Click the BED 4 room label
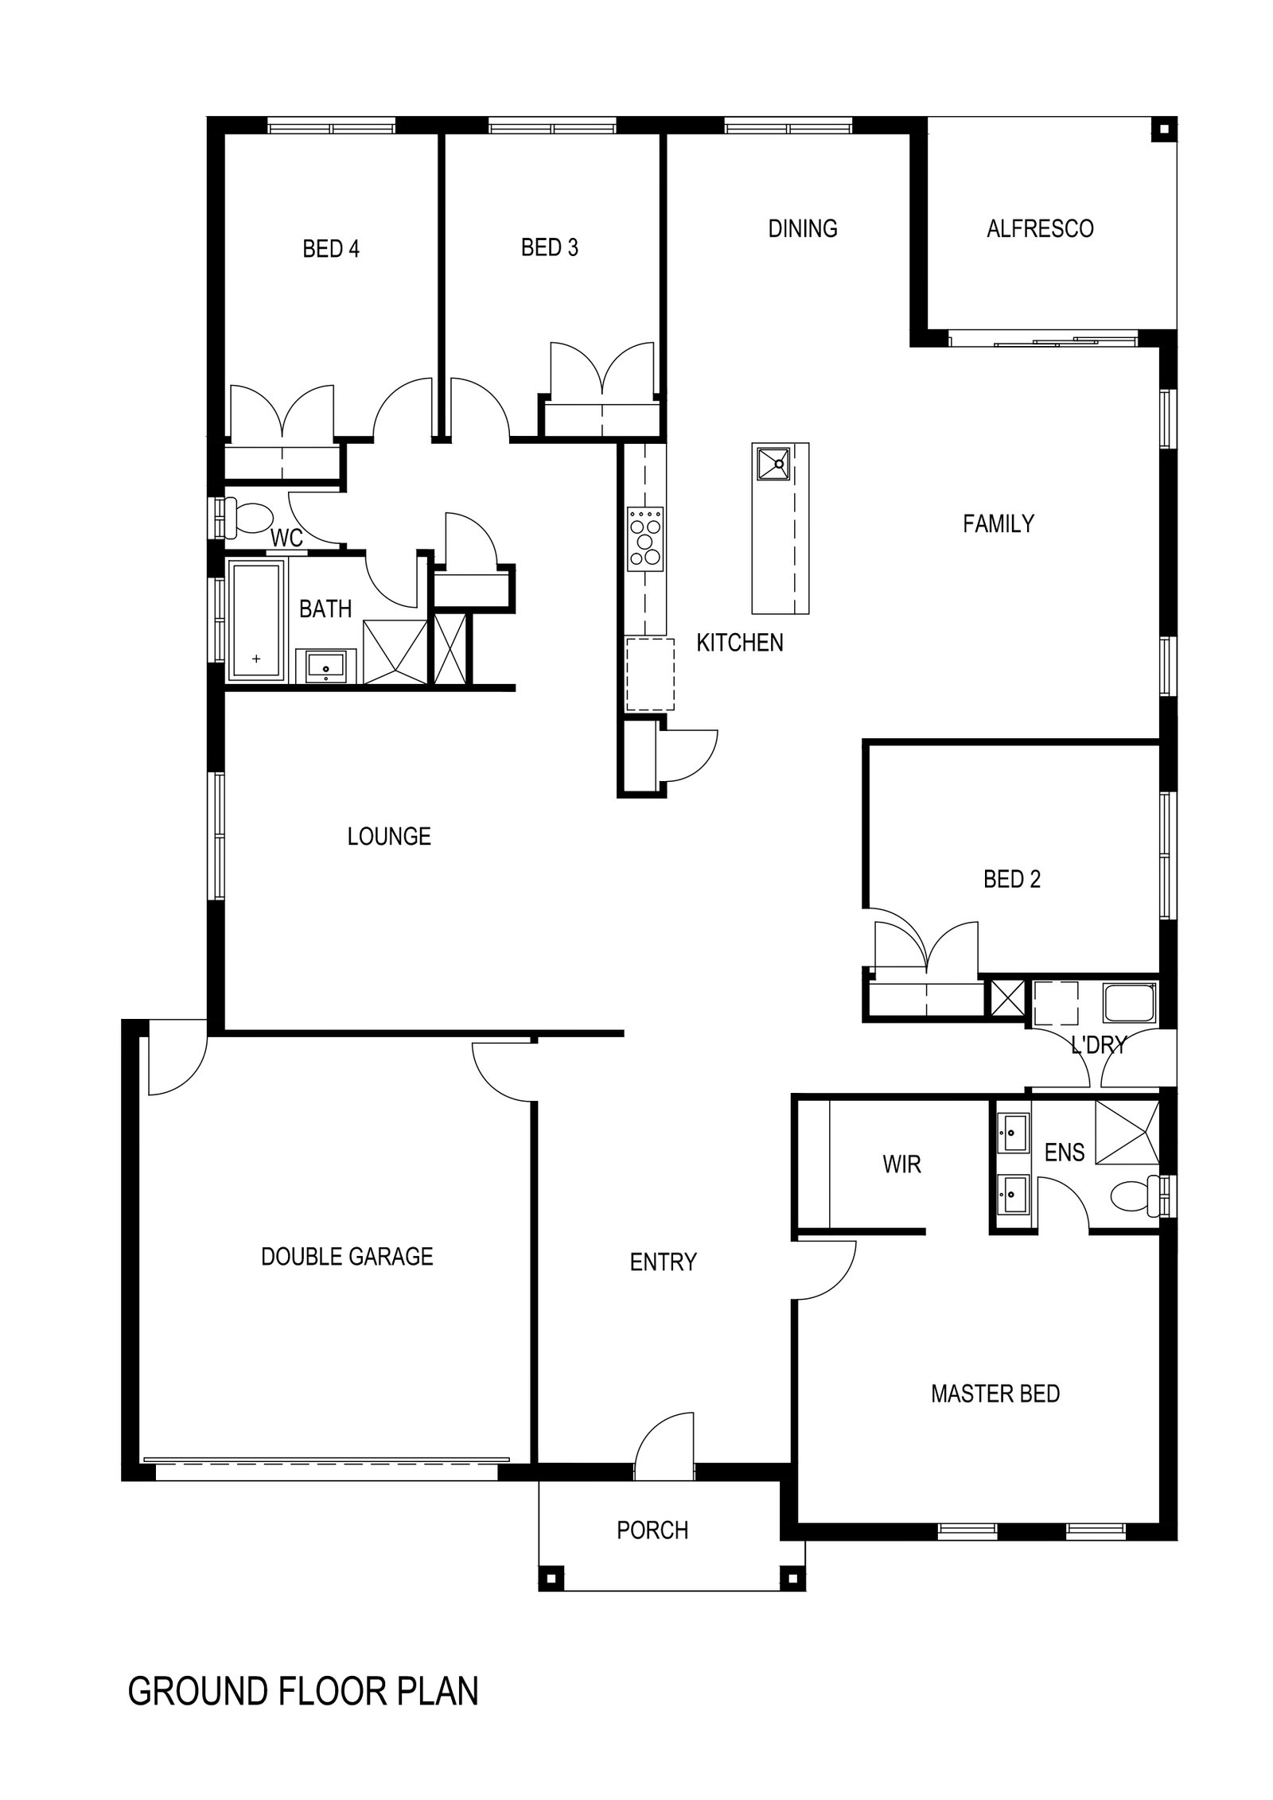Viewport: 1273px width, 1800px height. click(x=330, y=249)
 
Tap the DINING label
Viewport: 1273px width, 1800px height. click(x=802, y=228)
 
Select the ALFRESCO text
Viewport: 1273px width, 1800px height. click(x=1039, y=228)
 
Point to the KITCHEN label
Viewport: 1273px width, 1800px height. click(x=739, y=642)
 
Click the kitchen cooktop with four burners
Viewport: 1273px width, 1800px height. click(x=645, y=538)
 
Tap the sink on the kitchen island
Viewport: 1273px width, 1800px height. click(x=772, y=463)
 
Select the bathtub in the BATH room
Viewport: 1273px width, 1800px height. click(x=256, y=620)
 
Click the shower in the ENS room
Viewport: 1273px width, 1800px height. click(x=1127, y=1131)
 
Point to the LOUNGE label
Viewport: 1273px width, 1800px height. click(x=389, y=836)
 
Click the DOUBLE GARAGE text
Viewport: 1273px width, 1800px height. click(x=347, y=1256)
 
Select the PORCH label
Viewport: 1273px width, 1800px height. click(x=652, y=1530)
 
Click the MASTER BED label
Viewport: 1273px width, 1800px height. click(x=995, y=1394)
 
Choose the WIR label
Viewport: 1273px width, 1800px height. click(x=901, y=1164)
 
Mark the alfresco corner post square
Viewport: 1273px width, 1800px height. click(x=1164, y=129)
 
